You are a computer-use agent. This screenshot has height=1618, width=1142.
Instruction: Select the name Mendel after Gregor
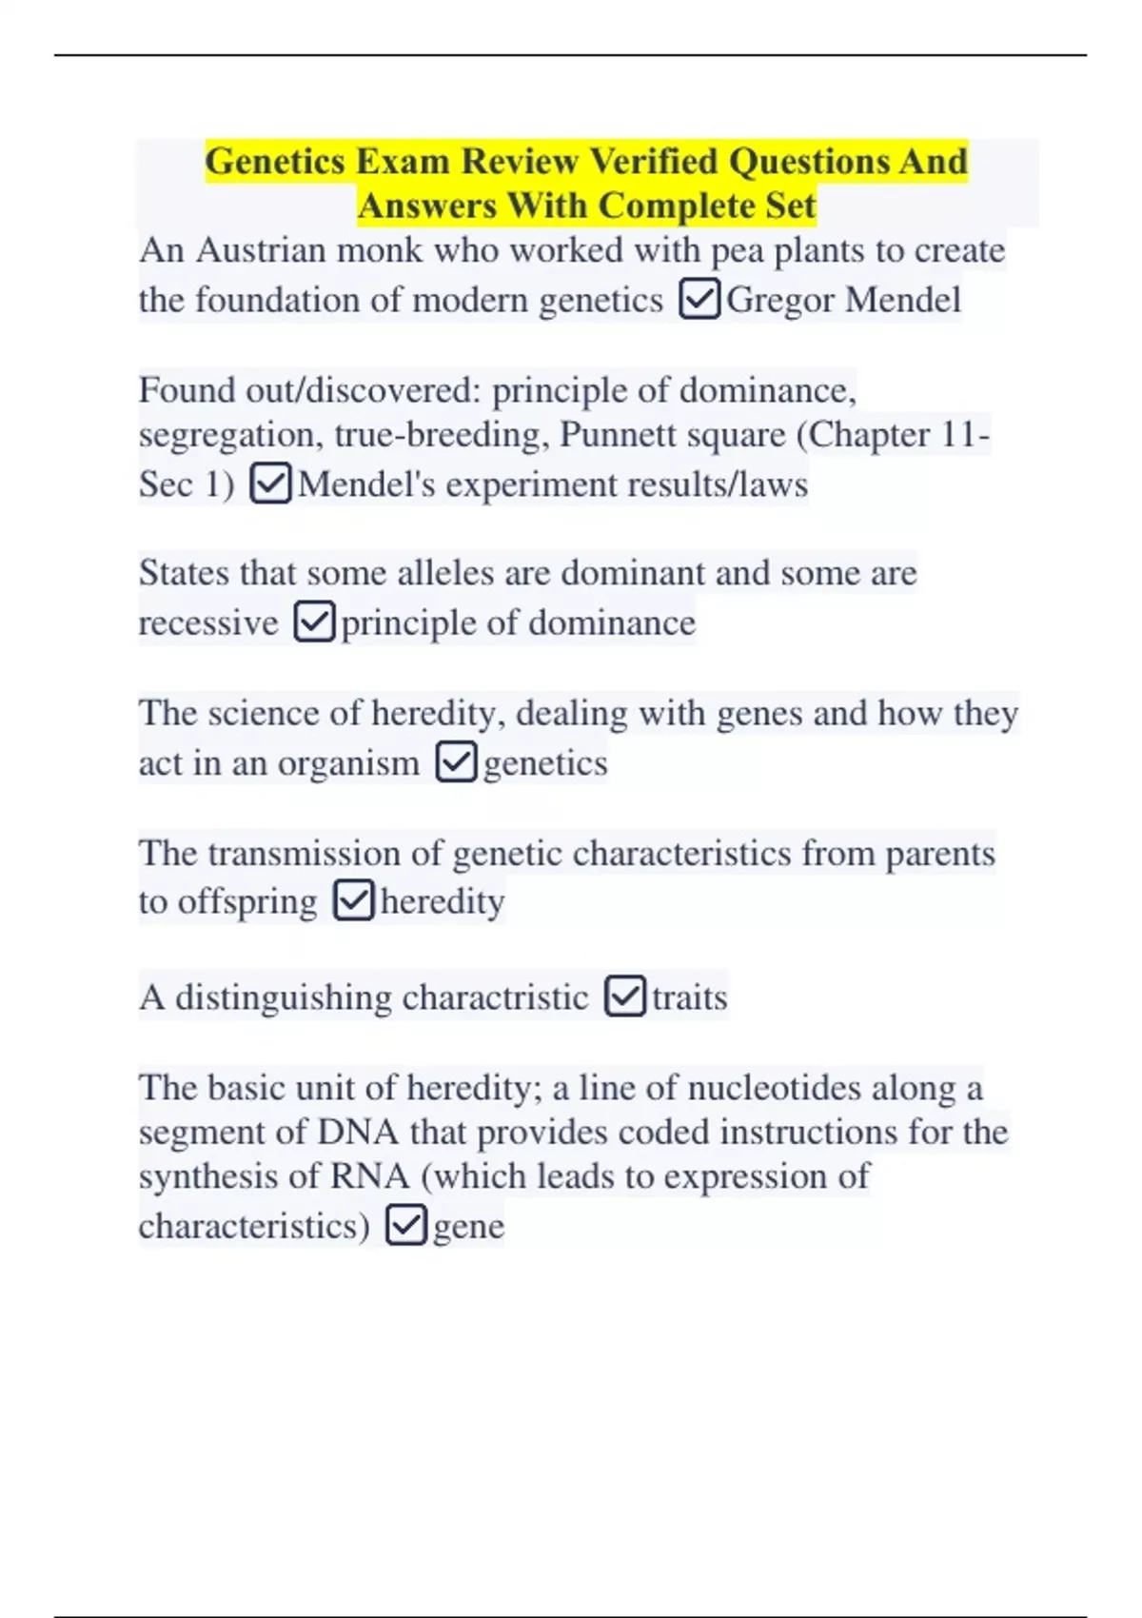pyautogui.click(x=903, y=300)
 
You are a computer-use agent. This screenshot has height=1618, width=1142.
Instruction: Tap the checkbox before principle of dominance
pyautogui.click(x=314, y=622)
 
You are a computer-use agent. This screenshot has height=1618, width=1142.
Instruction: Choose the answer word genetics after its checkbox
pyautogui.click(x=545, y=763)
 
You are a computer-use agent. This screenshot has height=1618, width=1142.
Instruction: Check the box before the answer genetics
pyautogui.click(x=456, y=762)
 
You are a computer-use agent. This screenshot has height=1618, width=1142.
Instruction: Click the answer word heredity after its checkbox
pyautogui.click(x=443, y=901)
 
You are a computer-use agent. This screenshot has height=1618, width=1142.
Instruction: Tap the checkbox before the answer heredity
pyautogui.click(x=353, y=900)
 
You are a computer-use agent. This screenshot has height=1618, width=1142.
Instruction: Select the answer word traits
pyautogui.click(x=690, y=997)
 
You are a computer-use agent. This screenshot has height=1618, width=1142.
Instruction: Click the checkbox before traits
pyautogui.click(x=625, y=996)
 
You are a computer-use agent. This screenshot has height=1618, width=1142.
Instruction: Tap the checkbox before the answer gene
pyautogui.click(x=406, y=1225)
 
